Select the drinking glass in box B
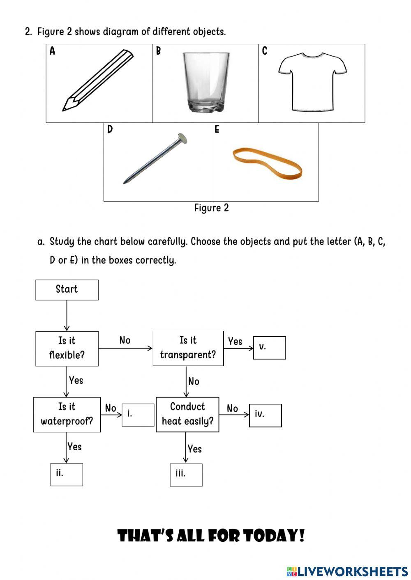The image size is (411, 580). click(206, 82)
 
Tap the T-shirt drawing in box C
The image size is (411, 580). click(312, 82)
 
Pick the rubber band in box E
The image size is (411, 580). click(268, 164)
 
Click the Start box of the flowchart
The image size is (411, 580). click(67, 290)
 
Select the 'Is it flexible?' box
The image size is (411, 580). click(67, 348)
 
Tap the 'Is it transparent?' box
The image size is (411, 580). click(188, 348)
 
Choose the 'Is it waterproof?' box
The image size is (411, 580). click(67, 414)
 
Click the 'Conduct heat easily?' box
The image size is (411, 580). click(187, 414)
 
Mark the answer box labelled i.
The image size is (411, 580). click(138, 415)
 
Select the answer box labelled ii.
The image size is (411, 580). click(67, 475)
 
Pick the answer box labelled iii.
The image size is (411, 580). click(186, 475)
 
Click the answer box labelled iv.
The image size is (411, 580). click(265, 415)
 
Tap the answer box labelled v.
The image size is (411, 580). click(269, 348)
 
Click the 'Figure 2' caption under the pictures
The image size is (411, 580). click(211, 208)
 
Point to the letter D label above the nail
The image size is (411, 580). click(110, 130)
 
